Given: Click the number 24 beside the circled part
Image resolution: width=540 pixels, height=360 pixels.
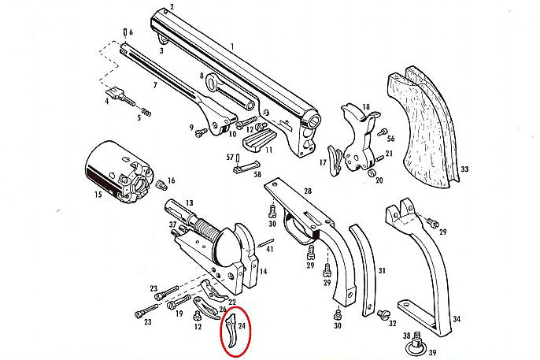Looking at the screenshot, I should [x=242, y=325].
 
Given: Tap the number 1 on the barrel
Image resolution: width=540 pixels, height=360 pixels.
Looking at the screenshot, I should [x=231, y=46].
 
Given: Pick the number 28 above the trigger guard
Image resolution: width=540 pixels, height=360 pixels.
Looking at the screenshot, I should [x=307, y=191].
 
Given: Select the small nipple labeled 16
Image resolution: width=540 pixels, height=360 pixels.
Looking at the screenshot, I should [x=162, y=185].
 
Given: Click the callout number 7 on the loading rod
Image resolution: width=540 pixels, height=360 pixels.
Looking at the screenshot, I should [x=155, y=84].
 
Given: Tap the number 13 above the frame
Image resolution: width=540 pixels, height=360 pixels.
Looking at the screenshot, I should [x=189, y=203].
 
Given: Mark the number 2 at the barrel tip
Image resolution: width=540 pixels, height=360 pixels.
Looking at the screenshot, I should [x=172, y=8].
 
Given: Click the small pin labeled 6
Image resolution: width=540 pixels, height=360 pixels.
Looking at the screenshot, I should [x=125, y=32].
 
